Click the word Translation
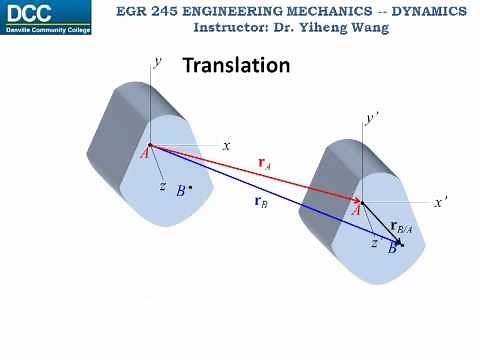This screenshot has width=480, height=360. point(236,66)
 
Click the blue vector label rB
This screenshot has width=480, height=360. point(260,202)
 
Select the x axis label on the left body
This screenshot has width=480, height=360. point(226,145)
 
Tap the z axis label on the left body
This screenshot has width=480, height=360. point(162,186)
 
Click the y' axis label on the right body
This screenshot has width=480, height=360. point(372,118)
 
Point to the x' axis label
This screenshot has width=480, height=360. point(440,201)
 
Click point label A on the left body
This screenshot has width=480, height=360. point(145,153)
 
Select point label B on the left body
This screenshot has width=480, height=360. point(180,191)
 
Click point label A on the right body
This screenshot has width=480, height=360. point(357,210)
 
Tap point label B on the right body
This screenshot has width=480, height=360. point(392,248)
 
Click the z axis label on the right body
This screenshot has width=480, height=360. point(373,243)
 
